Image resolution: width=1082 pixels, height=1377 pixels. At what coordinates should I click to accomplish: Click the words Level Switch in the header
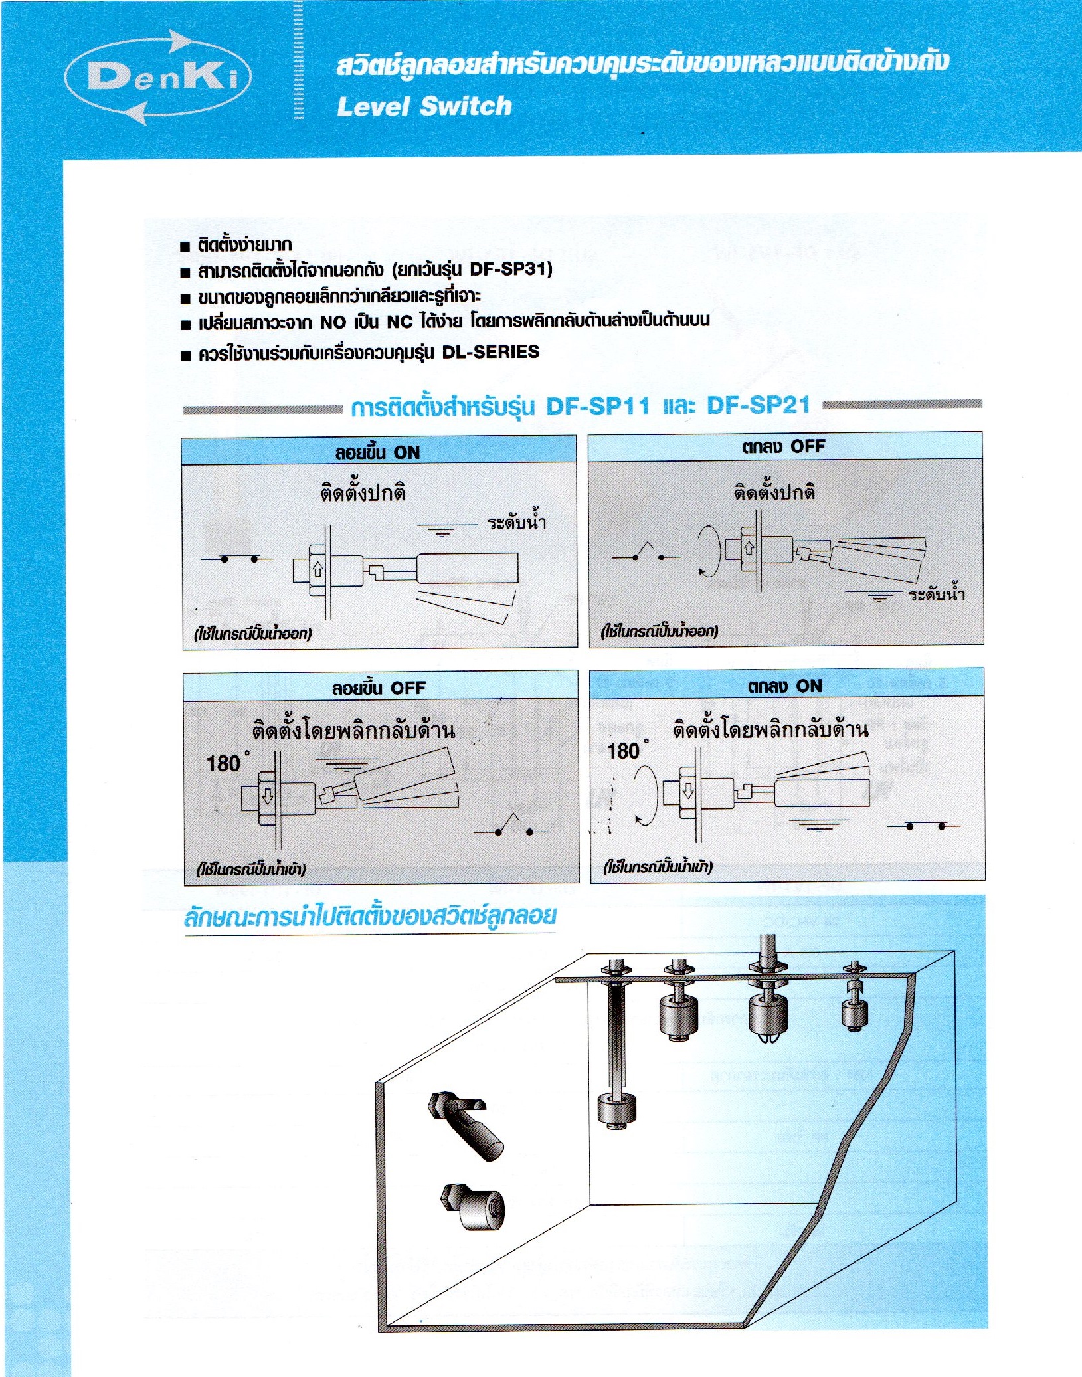(x=424, y=106)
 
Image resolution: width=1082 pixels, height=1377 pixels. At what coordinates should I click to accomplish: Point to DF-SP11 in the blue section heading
(x=597, y=406)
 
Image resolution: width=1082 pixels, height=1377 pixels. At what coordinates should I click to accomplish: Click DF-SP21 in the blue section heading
(x=758, y=405)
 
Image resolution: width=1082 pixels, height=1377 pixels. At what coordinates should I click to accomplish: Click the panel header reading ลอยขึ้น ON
(x=378, y=452)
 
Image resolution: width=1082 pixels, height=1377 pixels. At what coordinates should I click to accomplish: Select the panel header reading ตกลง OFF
(x=783, y=446)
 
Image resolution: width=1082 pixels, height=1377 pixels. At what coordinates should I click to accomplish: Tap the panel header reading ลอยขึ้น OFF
(x=379, y=688)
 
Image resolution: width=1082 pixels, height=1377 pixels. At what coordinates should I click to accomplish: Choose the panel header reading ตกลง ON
(x=784, y=686)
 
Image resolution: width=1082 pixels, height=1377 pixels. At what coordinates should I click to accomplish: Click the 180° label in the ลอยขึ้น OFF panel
(x=226, y=763)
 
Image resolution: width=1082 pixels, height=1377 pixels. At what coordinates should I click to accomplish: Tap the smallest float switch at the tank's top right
(x=855, y=1013)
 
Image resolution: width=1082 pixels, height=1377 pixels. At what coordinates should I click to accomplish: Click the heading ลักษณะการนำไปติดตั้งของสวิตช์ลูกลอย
(x=370, y=917)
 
